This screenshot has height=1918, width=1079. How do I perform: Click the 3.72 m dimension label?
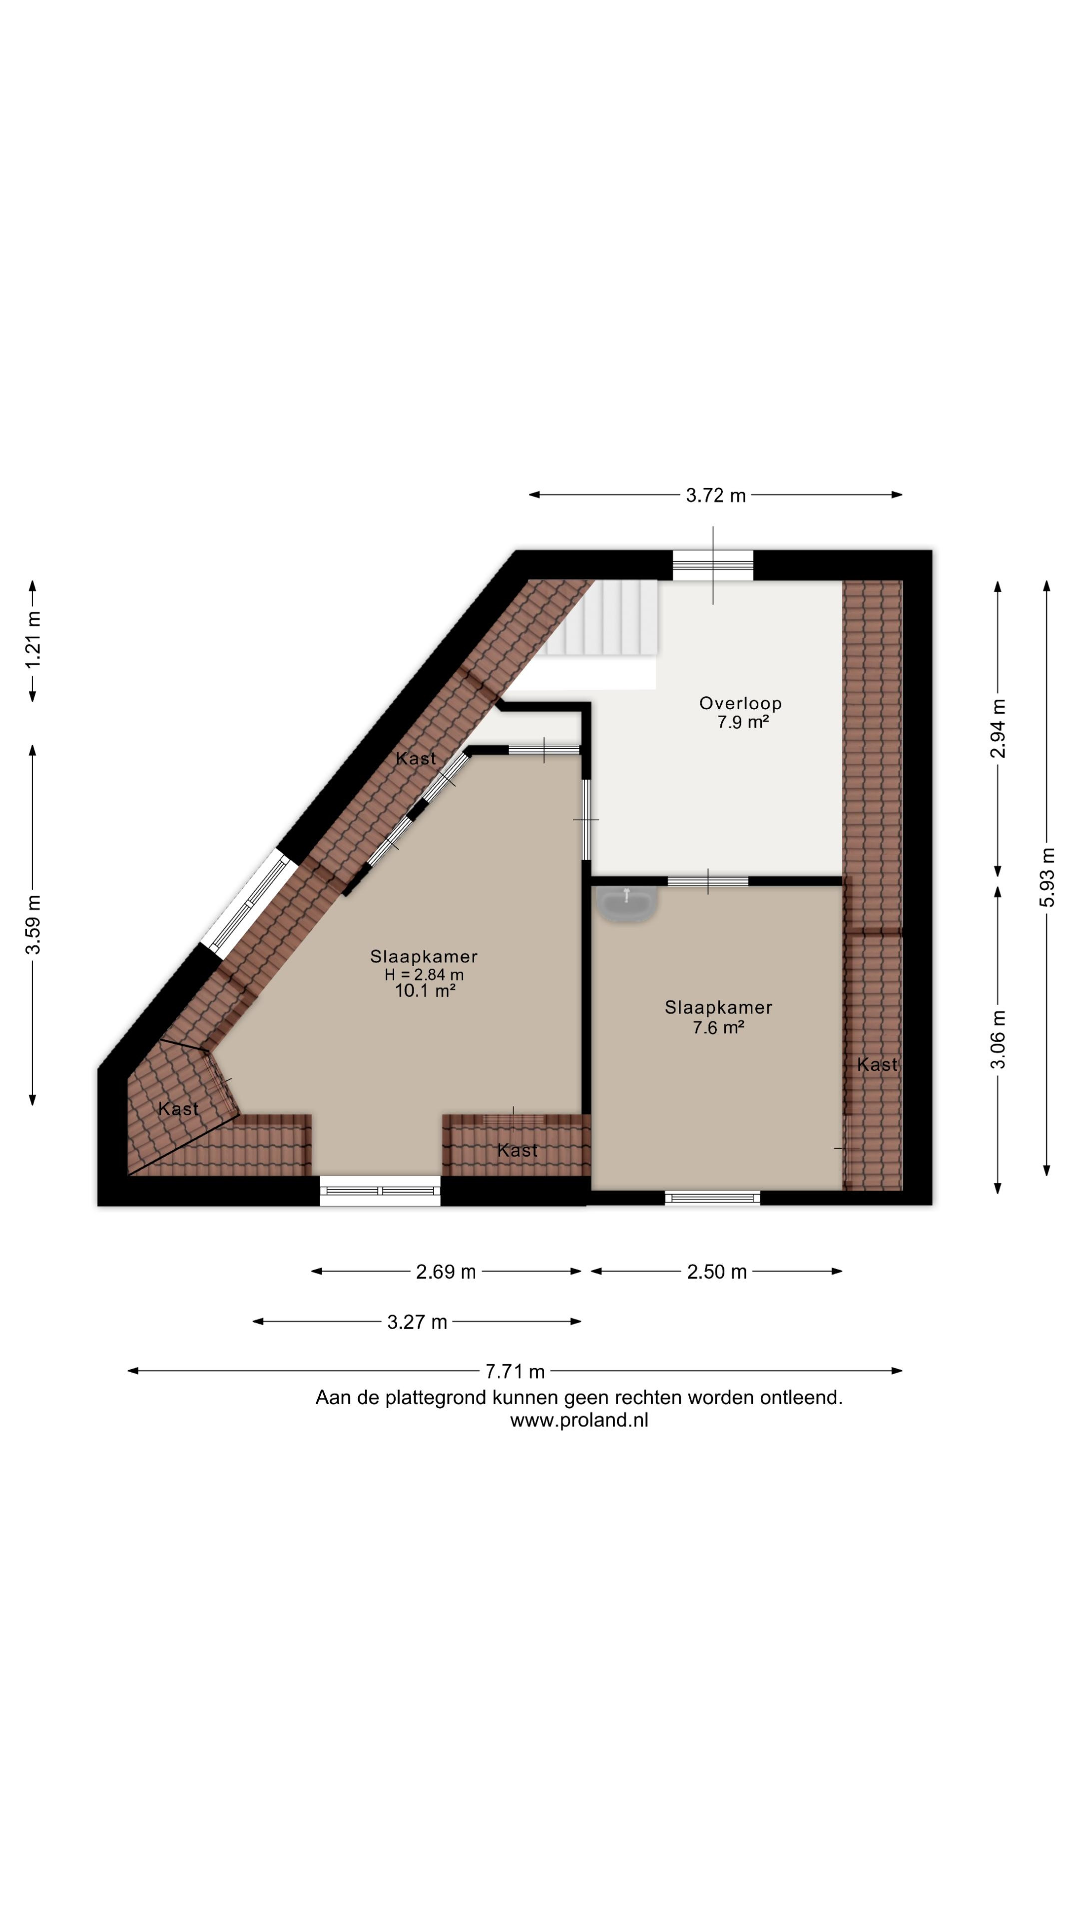pyautogui.click(x=715, y=495)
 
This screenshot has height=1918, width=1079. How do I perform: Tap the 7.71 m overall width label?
pyautogui.click(x=515, y=1371)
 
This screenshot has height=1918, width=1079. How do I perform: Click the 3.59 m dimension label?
pyautogui.click(x=33, y=925)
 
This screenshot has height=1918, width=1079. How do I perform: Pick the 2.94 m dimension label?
pyautogui.click(x=998, y=728)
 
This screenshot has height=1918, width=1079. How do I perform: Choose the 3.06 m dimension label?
pyautogui.click(x=998, y=1039)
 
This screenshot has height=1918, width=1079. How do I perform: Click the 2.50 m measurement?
pyautogui.click(x=716, y=1272)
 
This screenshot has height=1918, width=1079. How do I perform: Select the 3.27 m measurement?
pyautogui.click(x=417, y=1322)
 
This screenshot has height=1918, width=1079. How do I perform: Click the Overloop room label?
pyautogui.click(x=740, y=703)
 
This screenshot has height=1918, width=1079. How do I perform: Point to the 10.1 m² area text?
pyautogui.click(x=425, y=990)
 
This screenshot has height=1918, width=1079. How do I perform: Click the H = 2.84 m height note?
pyautogui.click(x=424, y=974)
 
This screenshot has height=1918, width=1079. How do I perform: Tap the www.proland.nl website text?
pyautogui.click(x=578, y=1420)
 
